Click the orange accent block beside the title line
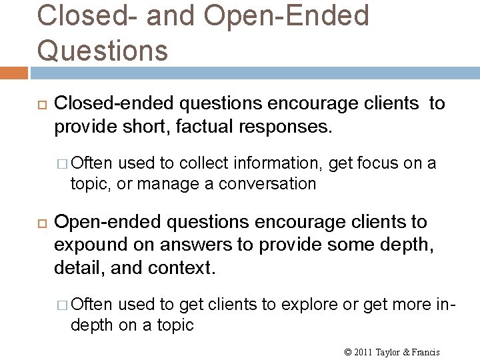tap(13, 71)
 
